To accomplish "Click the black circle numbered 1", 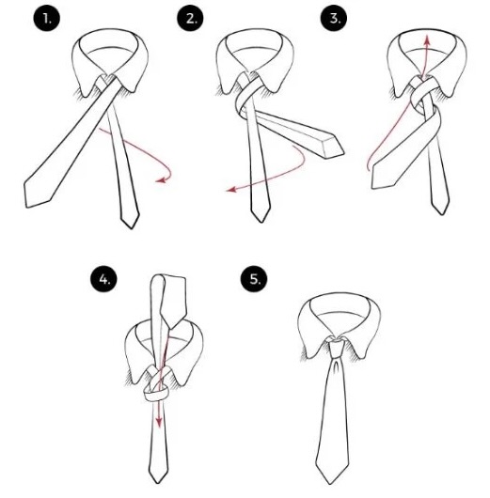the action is pos(47,19).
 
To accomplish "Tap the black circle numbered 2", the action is pos(191,19).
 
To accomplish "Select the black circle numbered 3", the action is pos(334,18).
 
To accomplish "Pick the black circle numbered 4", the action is pos(104,279).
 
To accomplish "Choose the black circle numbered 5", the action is pos(254,279).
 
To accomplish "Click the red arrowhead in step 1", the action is pos(161,180).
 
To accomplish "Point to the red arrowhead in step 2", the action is pos(230,190).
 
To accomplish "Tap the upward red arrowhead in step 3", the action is pos(427,40).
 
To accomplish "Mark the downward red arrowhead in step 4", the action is pos(159,424).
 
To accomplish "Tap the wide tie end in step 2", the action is pos(332,146).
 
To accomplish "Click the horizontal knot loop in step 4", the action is pos(156,396).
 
